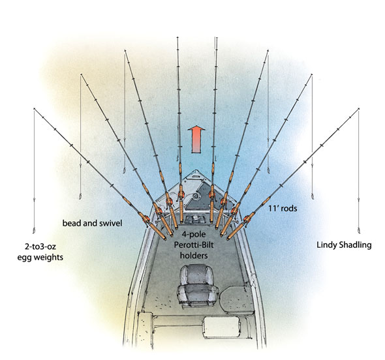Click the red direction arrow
click(x=196, y=140)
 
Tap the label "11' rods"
click(x=283, y=209)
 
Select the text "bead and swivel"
click(x=92, y=223)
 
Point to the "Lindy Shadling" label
click(x=344, y=245)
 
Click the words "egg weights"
click(x=40, y=258)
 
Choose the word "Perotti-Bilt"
click(x=194, y=245)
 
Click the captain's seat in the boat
click(x=197, y=286)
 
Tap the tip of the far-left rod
click(x=34, y=108)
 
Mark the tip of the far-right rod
click(x=359, y=108)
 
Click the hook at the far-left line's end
click(x=34, y=230)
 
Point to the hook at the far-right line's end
click(x=358, y=230)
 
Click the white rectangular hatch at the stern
click(x=221, y=327)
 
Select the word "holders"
click(x=194, y=256)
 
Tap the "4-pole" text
click(x=194, y=234)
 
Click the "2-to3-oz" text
click(x=40, y=247)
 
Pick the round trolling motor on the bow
click(x=196, y=196)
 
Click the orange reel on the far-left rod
click(x=146, y=218)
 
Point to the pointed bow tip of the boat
click(x=196, y=170)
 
